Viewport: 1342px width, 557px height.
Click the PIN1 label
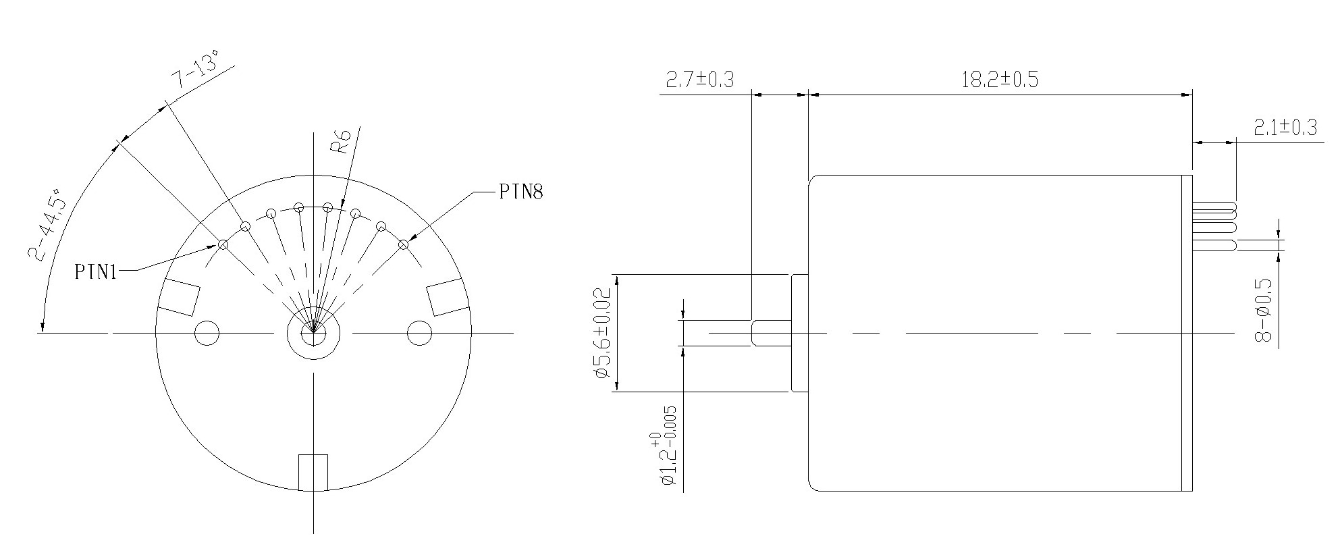click(96, 272)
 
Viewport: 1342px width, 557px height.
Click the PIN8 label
click(520, 192)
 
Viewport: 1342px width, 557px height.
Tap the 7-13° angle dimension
click(196, 70)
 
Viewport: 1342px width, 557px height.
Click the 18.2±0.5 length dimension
click(1000, 80)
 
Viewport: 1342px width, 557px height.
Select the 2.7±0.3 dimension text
click(699, 80)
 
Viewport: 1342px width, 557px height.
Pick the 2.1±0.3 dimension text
click(1285, 128)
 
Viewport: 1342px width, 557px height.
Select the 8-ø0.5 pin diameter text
click(1263, 310)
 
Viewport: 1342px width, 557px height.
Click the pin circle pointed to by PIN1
click(223, 244)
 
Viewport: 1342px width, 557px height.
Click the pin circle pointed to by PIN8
click(404, 244)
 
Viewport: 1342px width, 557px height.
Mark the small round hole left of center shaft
click(207, 333)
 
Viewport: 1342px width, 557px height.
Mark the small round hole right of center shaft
click(419, 333)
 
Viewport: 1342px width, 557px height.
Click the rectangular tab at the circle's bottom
click(313, 472)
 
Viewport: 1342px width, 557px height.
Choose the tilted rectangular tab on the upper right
click(447, 296)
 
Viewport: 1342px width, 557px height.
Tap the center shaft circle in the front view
click(313, 333)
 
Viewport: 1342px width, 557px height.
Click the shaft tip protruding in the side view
click(770, 333)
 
